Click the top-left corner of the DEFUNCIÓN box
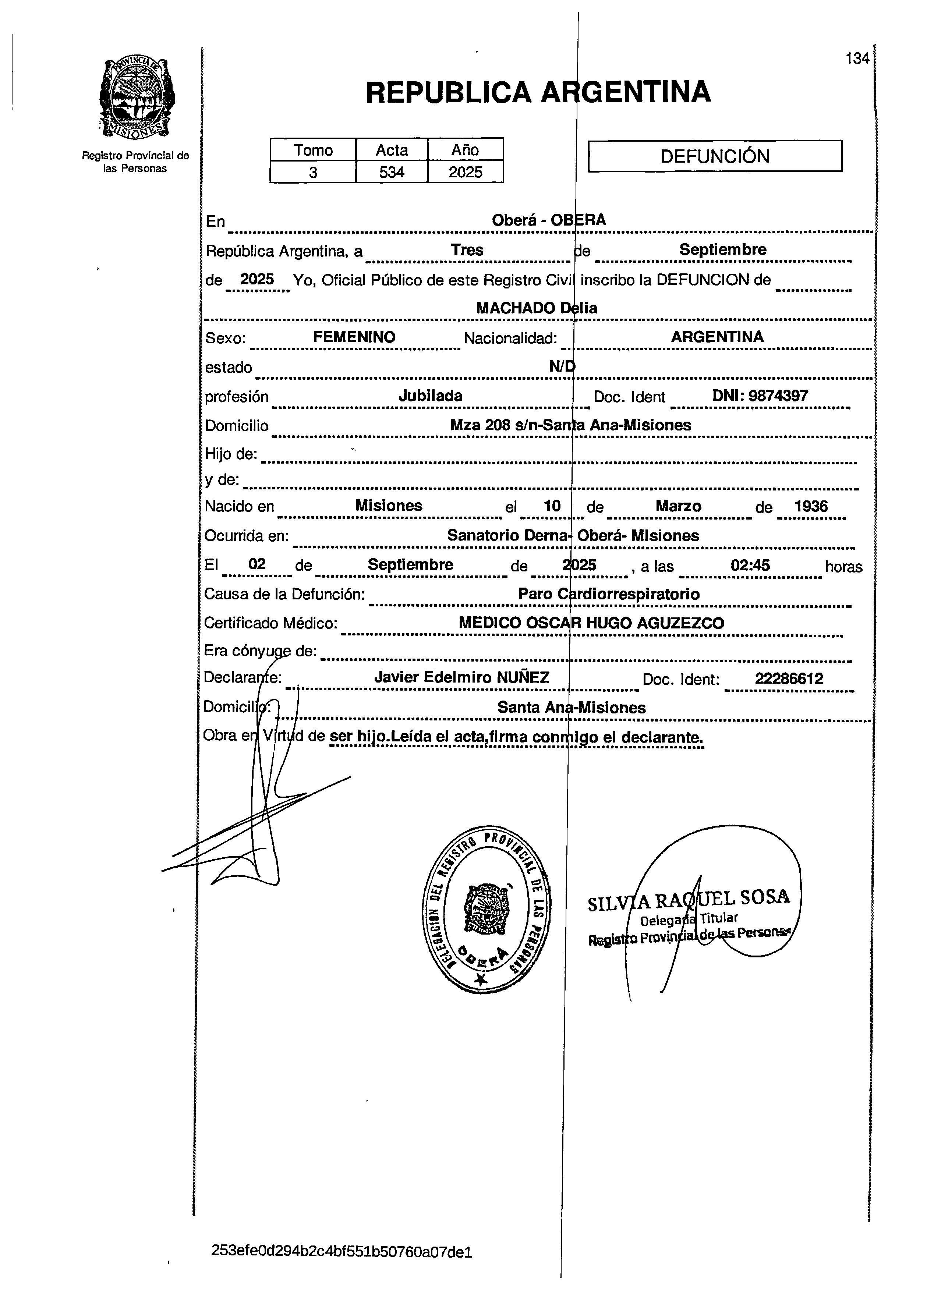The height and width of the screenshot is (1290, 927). tap(588, 141)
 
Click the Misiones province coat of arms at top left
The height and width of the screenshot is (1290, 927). tap(137, 97)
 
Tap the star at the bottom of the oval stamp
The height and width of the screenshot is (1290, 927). tap(481, 979)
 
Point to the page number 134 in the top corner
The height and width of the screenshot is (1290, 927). tap(857, 59)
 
